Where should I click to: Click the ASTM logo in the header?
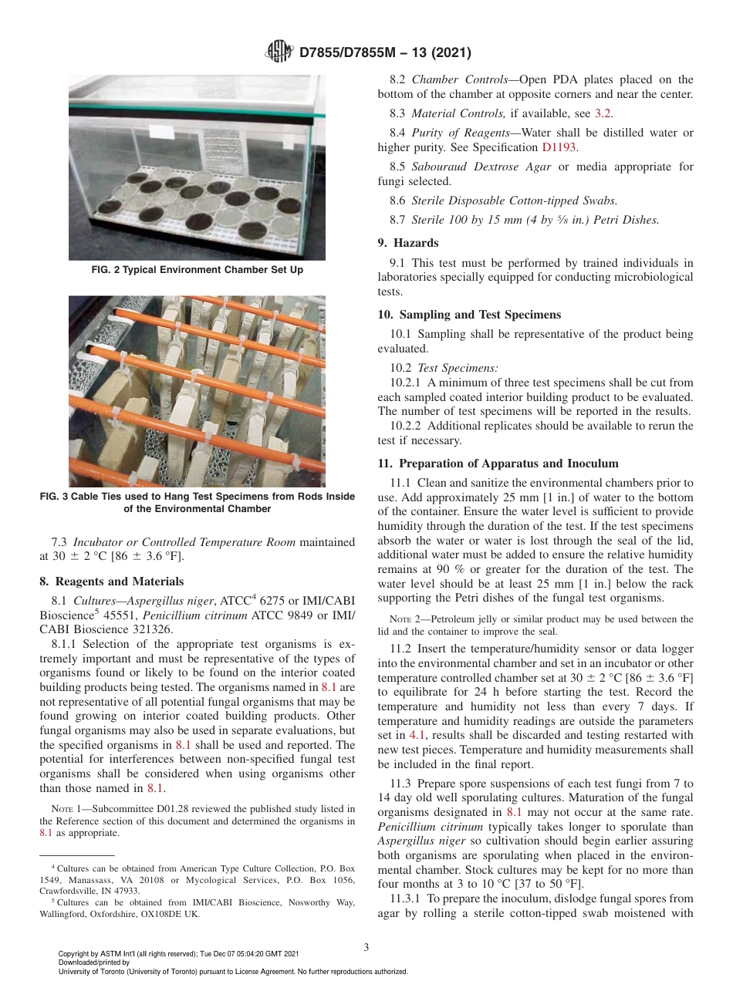click(x=279, y=52)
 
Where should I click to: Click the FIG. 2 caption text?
click(x=197, y=270)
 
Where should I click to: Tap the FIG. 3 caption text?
click(x=197, y=503)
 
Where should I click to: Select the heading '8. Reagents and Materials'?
click(x=112, y=582)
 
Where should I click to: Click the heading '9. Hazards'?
click(x=408, y=242)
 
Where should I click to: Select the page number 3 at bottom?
click(x=366, y=946)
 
